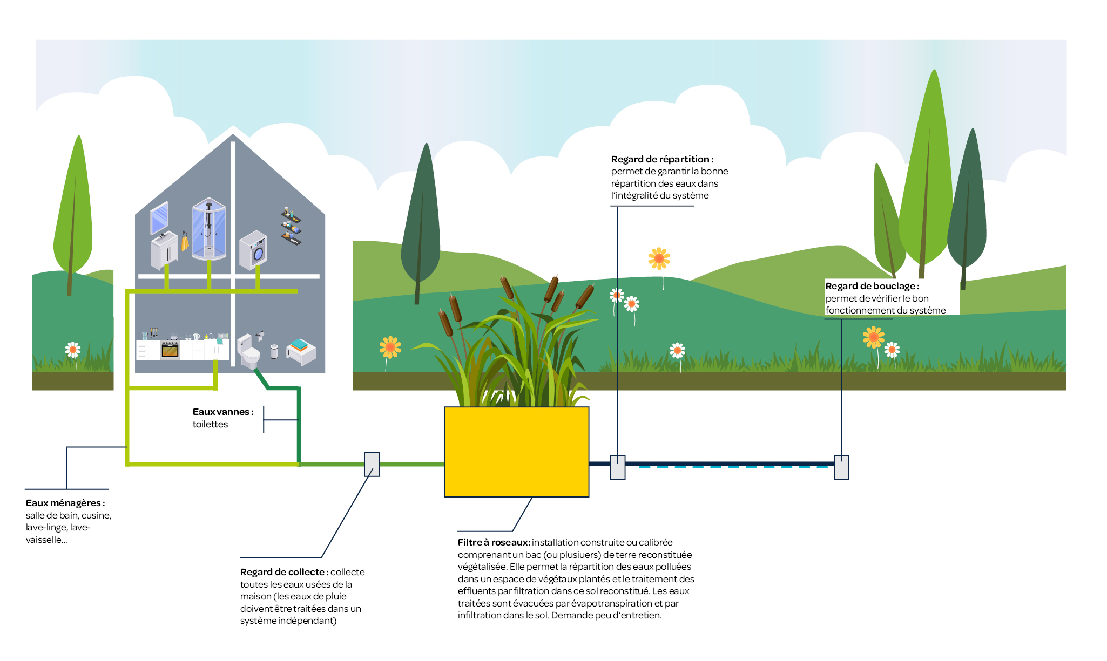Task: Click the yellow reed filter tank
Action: [516, 452]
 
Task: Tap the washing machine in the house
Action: [253, 250]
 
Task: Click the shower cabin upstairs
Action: [208, 229]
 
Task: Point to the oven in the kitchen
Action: [170, 350]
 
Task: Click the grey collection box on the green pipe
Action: [372, 464]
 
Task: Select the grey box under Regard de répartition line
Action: [617, 467]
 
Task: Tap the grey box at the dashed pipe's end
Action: [841, 467]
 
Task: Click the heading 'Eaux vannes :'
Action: [222, 412]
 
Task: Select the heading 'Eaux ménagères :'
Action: [65, 503]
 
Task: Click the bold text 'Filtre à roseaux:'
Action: [494, 542]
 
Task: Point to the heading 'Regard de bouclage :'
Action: [872, 286]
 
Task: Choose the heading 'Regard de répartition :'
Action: [662, 159]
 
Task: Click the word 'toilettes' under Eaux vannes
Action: [210, 424]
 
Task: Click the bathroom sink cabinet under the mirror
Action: [164, 251]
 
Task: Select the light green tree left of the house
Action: [74, 216]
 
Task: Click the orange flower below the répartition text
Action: [659, 259]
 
